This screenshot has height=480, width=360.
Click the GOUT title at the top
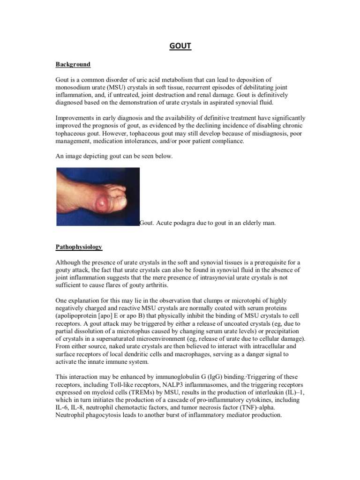pyautogui.click(x=180, y=46)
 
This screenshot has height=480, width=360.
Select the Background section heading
pyautogui.click(x=73, y=64)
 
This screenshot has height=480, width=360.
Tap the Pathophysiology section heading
pyautogui.click(x=79, y=246)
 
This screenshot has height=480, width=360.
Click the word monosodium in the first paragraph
pyautogui.click(x=74, y=87)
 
